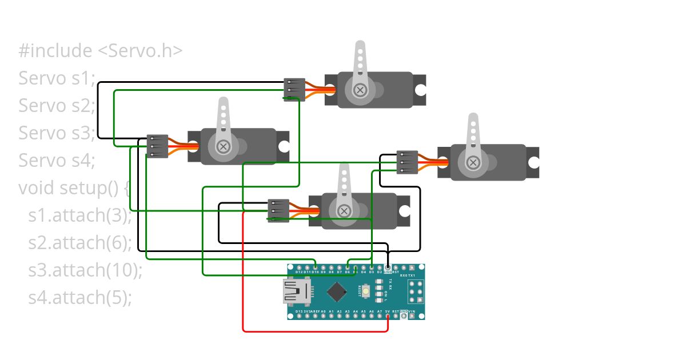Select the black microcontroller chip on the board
(x=336, y=293)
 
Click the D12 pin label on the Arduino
(x=299, y=273)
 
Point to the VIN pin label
(x=412, y=311)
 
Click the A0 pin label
(x=323, y=311)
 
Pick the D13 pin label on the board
(x=299, y=311)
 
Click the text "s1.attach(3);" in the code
(x=80, y=215)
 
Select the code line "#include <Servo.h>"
(x=101, y=51)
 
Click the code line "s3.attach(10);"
(x=85, y=270)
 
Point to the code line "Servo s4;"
(x=57, y=161)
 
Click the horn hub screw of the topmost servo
(x=360, y=90)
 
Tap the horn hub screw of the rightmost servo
(x=473, y=163)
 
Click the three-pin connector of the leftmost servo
(x=157, y=146)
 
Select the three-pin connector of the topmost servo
(x=294, y=90)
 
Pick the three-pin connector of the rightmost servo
(x=407, y=162)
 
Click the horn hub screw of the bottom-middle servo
(x=344, y=211)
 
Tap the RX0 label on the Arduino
(x=404, y=275)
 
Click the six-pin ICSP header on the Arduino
(x=416, y=293)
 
